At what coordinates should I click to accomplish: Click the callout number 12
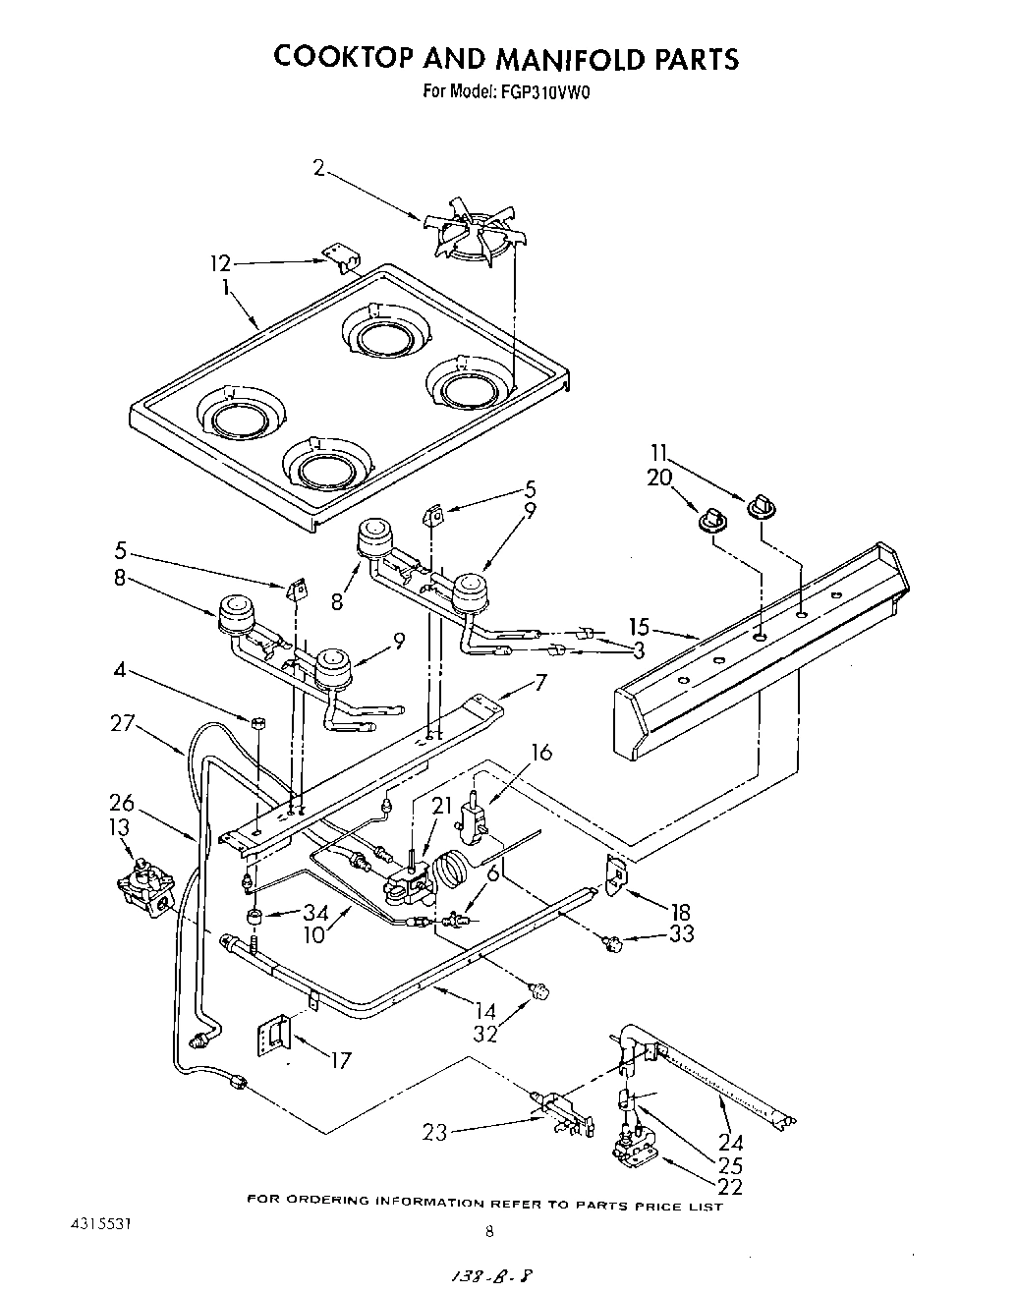pos(220,263)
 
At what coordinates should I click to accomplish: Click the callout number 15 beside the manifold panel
pos(639,626)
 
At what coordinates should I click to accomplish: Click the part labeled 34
pos(255,917)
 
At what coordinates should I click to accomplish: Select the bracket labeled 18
pos(617,874)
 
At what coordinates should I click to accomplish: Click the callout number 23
pos(434,1133)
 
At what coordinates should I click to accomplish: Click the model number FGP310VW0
pos(548,94)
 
